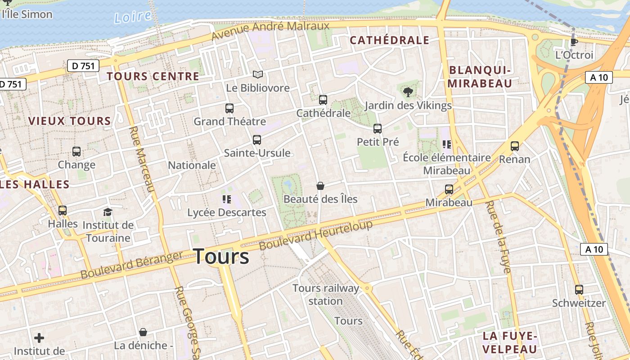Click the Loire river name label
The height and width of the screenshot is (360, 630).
132,17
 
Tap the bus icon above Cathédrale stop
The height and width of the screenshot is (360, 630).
323,100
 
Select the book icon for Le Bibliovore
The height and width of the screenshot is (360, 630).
257,74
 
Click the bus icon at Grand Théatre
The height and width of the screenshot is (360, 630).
229,108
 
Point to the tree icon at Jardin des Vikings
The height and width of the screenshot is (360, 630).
408,92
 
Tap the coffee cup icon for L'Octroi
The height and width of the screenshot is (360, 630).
574,42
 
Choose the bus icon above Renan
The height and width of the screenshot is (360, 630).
514,146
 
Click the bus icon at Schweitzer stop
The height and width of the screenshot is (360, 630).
579,290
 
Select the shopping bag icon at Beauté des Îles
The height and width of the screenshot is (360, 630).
320,186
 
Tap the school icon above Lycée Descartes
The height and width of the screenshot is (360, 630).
226,199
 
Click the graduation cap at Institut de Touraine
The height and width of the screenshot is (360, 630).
108,212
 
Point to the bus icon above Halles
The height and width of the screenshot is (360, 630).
63,211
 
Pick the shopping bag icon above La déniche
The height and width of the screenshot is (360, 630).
143,333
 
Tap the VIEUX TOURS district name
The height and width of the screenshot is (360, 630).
69,121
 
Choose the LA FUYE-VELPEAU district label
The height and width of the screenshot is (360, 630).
510,342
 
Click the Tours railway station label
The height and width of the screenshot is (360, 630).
326,294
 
